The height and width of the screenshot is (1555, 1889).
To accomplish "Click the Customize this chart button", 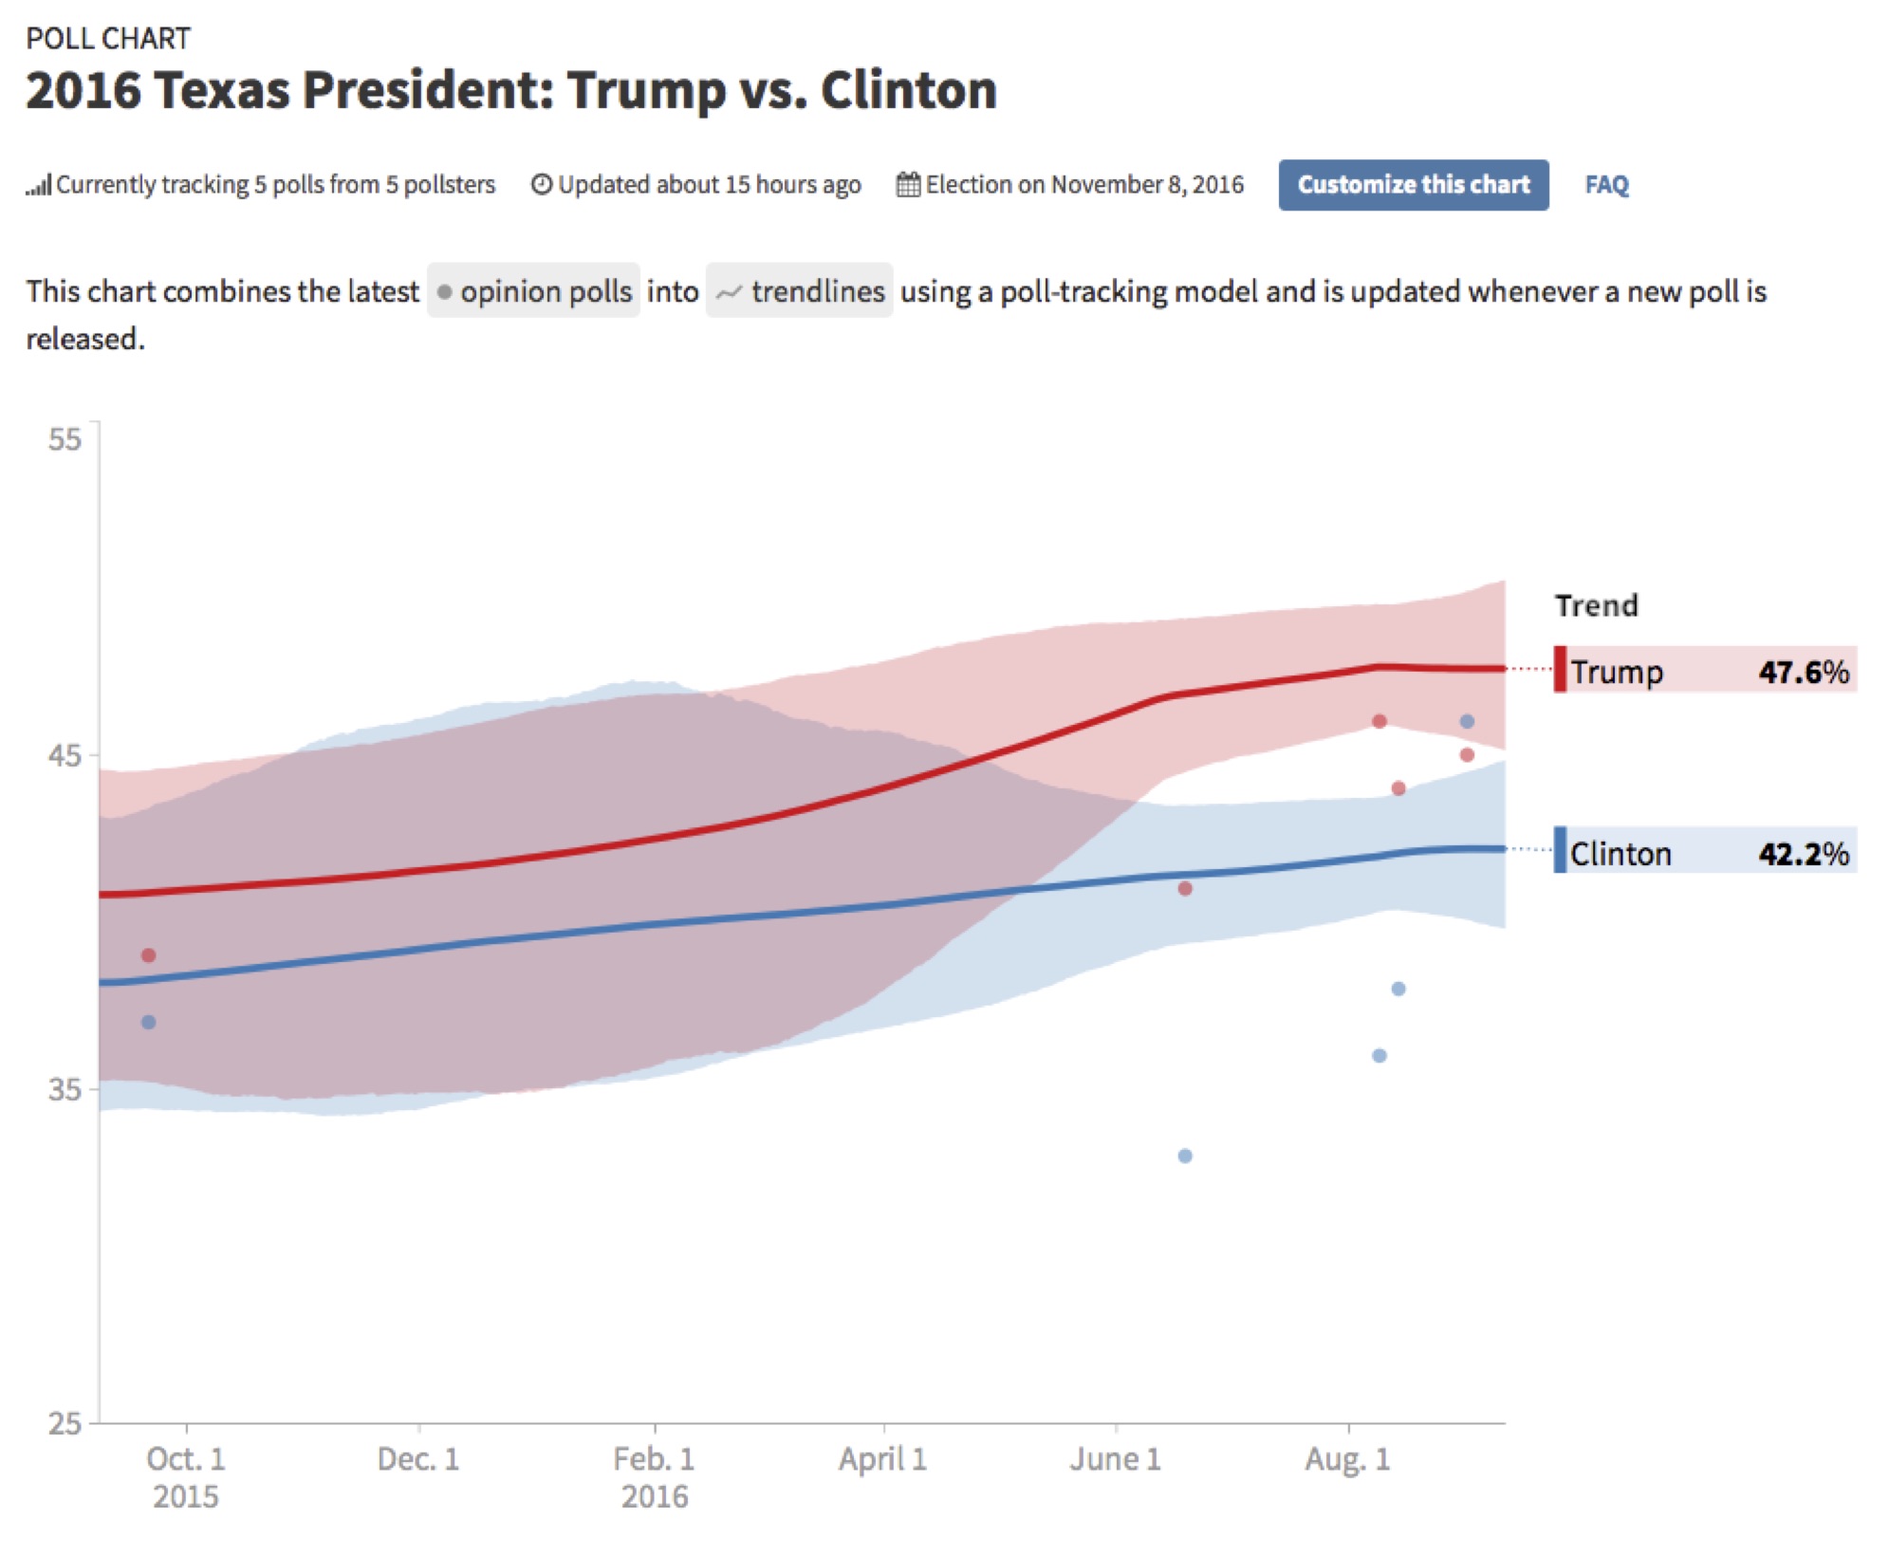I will pos(1412,185).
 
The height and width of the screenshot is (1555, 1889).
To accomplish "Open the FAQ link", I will pos(1605,185).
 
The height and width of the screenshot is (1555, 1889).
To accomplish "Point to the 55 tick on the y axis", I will pos(65,439).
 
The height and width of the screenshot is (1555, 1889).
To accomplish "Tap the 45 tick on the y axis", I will pos(65,756).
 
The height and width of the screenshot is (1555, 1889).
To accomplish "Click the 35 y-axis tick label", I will pos(65,1089).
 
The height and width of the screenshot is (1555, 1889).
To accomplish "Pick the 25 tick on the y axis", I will pos(65,1423).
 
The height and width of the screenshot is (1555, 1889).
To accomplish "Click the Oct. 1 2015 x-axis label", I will pos(186,1476).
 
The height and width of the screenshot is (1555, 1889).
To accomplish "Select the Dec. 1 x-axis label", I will pos(418,1459).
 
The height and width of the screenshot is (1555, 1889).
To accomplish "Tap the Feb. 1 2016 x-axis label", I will pos(655,1476).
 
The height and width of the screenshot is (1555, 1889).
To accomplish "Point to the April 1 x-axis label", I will pos(883,1459).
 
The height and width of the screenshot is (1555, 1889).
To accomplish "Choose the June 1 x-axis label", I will pos(1116,1459).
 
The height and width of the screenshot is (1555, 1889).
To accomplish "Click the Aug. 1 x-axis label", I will pos(1348,1459).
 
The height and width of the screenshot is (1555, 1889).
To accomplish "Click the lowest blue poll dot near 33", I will pos(1185,1156).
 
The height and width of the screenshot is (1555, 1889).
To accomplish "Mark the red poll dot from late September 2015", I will pos(148,955).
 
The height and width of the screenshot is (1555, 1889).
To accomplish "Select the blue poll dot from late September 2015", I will pos(148,1022).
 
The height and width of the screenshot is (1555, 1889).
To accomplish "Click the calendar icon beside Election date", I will pos(908,184).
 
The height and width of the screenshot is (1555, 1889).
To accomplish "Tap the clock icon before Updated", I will pos(541,184).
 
